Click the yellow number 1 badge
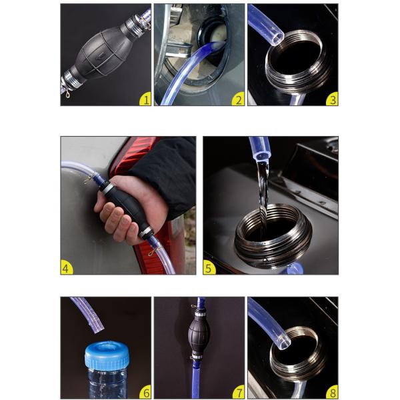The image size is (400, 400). [144, 100]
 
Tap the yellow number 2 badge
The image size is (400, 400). [237, 100]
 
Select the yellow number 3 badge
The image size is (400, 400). [331, 100]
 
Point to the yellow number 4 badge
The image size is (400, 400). [67, 269]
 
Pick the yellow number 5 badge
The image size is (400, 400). [209, 269]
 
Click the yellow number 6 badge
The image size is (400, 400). [144, 393]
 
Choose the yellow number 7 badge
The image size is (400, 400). [237, 393]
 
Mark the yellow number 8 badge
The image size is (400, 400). [331, 393]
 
